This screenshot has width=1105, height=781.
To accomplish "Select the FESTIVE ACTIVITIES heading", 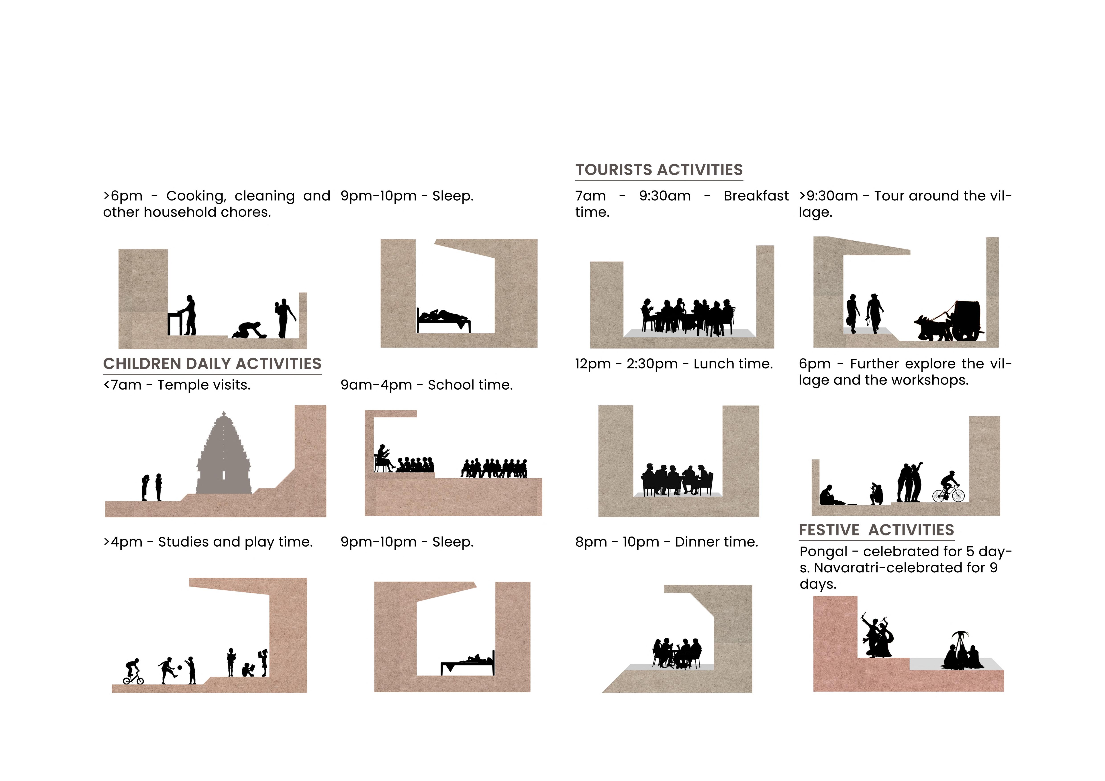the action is [876, 530].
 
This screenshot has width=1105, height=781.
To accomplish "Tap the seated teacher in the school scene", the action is [384, 458].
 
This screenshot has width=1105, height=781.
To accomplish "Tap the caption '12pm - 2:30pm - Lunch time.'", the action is [674, 364].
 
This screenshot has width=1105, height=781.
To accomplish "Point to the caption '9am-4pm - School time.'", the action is [426, 385].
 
